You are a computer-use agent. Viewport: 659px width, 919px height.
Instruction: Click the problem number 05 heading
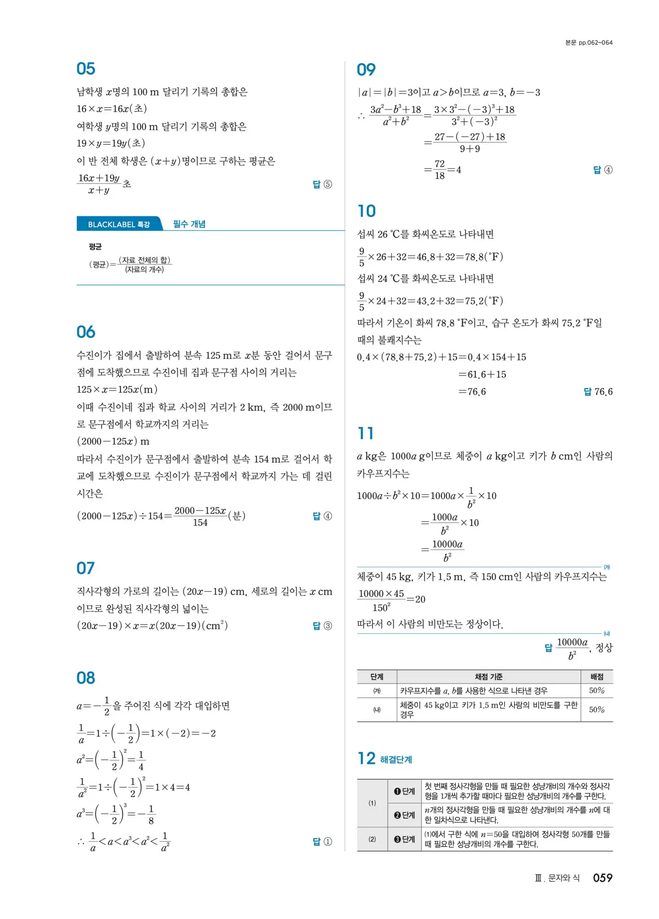click(x=86, y=69)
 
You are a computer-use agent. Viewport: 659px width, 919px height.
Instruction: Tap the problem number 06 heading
click(x=86, y=332)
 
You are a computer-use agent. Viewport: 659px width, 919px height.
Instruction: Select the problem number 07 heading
click(x=86, y=568)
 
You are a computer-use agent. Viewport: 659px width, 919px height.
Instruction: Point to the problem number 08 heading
click(x=86, y=678)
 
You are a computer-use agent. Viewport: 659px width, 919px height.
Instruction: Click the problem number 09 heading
click(x=366, y=69)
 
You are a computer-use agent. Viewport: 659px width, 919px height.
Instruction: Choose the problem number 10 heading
click(x=366, y=211)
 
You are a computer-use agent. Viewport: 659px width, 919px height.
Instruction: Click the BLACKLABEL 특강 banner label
click(x=119, y=225)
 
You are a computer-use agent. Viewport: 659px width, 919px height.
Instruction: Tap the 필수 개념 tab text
click(x=189, y=224)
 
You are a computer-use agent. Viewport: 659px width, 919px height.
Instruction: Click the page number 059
click(x=602, y=878)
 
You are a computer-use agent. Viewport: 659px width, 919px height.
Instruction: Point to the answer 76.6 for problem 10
click(x=603, y=392)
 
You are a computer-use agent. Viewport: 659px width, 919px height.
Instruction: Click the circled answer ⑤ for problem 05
click(x=328, y=185)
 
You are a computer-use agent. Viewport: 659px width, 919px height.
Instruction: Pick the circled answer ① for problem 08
click(x=328, y=842)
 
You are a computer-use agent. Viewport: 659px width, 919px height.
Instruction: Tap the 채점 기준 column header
click(x=488, y=677)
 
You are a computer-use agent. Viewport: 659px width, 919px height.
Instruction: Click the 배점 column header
click(x=597, y=677)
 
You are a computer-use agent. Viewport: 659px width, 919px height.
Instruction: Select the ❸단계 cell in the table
click(x=405, y=839)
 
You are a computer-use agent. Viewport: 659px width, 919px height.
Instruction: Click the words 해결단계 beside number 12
click(x=396, y=760)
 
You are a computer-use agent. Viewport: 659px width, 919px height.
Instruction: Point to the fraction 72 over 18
click(x=440, y=170)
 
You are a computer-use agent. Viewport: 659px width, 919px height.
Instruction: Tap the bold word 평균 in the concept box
click(x=95, y=247)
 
